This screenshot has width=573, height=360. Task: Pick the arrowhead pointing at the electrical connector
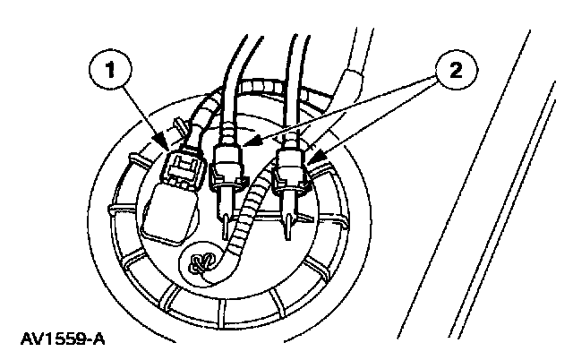159,143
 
